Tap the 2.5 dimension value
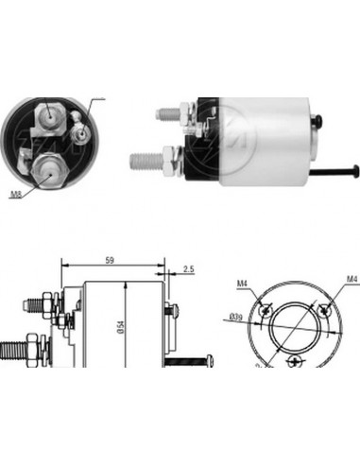pyautogui.click(x=189, y=270)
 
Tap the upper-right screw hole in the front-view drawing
pyautogui.click(x=326, y=308)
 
